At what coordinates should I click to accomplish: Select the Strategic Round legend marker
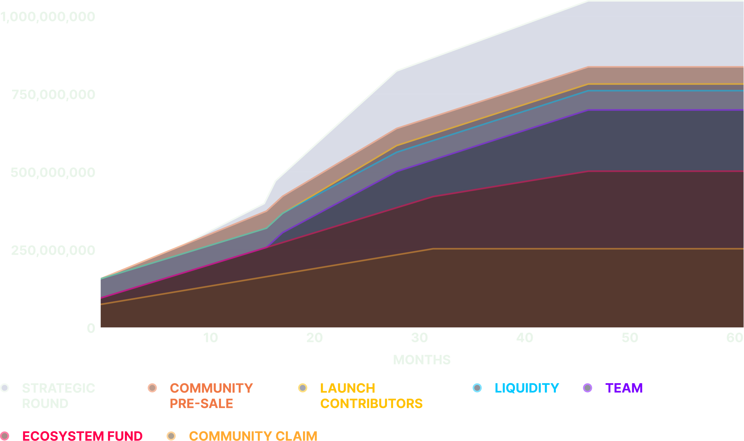5,388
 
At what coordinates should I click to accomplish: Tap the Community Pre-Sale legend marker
152,388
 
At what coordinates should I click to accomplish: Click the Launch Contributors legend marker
303,388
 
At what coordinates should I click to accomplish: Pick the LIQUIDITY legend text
527,388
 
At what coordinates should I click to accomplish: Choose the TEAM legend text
624,388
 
